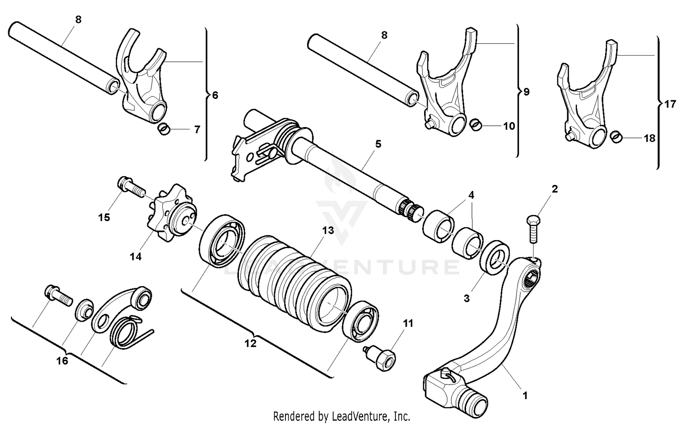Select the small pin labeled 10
point(476,123)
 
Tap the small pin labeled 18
point(616,136)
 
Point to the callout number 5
point(378,144)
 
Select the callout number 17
point(669,104)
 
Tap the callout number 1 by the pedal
point(525,396)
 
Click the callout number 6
point(215,95)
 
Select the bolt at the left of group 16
point(57,295)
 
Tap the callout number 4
point(471,195)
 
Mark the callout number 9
point(526,92)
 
